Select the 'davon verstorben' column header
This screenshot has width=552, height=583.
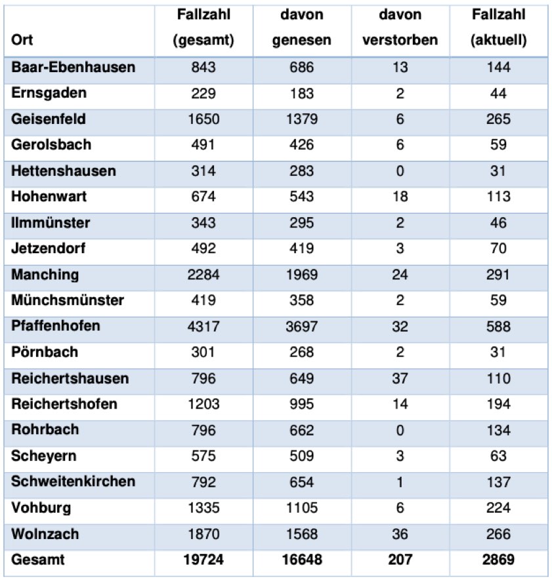[400, 27]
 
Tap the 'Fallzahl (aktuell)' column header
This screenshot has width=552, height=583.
[498, 27]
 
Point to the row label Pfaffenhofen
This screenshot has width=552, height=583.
[55, 326]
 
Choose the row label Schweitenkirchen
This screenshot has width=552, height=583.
[73, 481]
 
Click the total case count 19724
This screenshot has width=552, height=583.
[203, 560]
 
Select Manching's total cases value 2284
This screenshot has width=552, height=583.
[203, 274]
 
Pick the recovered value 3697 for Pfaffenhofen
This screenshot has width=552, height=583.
[301, 326]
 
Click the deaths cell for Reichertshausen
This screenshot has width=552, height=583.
[400, 378]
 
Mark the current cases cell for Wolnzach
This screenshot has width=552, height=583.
[498, 534]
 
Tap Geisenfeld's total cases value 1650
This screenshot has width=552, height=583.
[203, 119]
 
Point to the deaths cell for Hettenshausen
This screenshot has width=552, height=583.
[400, 171]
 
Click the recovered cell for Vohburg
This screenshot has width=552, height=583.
[301, 508]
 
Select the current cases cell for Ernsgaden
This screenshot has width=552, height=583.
[498, 93]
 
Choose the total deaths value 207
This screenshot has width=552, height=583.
[400, 560]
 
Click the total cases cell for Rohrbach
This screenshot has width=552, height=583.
[203, 430]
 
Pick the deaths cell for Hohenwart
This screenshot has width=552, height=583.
[400, 197]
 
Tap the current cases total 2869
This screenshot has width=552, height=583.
[498, 560]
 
